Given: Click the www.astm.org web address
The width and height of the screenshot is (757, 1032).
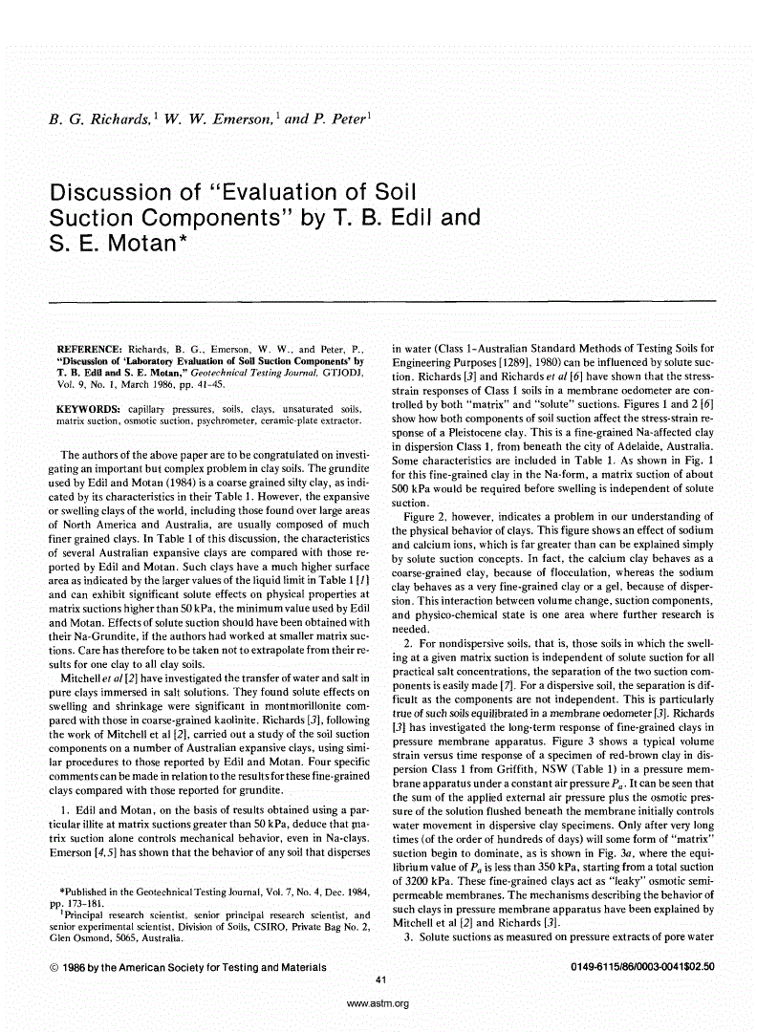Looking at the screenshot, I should (378, 1003).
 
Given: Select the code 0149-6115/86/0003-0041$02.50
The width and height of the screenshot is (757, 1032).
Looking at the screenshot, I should (642, 967).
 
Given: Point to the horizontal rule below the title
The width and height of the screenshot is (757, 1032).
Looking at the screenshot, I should (379, 301).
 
